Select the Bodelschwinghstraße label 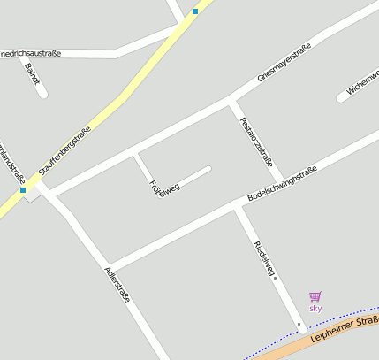point(282,183)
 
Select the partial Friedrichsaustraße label point(31,53)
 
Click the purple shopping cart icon point(315,296)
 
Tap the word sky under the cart point(315,308)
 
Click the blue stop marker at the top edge point(195,11)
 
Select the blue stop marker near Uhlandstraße point(23,189)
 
